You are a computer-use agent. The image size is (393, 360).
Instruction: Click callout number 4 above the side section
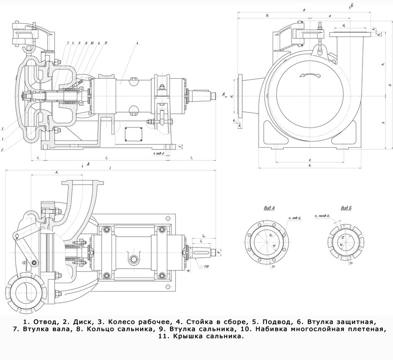tap(137, 43)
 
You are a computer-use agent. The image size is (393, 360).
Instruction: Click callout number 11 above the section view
tap(106, 43)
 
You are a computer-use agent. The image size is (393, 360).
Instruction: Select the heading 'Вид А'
tap(268, 208)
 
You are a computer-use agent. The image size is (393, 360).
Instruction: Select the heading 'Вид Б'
tap(346, 208)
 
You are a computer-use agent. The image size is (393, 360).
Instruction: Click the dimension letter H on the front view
tap(390, 85)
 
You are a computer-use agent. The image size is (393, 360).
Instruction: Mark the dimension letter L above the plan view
tap(110, 168)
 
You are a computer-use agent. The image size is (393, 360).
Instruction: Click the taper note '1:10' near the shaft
tap(205, 267)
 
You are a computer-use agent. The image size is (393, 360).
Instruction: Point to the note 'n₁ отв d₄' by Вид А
tap(295, 218)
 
